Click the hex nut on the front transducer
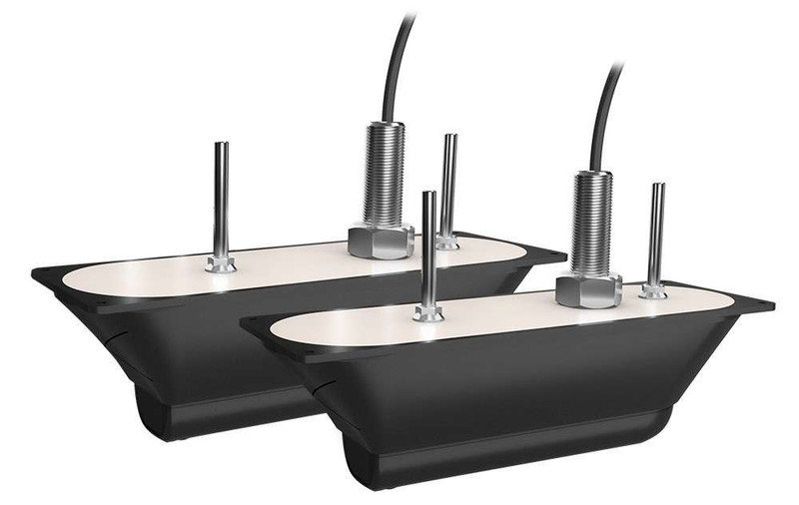588,290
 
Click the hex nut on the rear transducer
381,241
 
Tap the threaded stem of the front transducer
590,225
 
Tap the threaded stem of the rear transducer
384,175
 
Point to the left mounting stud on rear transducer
221,200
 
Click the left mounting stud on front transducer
428,250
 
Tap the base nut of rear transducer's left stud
221,264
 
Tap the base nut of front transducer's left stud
428,313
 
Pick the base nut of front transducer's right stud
654,291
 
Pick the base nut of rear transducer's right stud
447,242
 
